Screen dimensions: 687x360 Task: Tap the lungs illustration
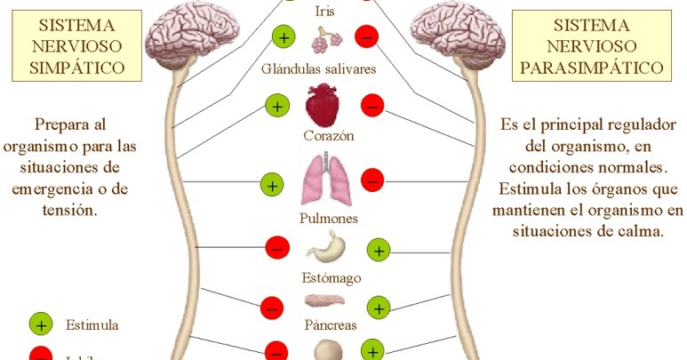point(323,180)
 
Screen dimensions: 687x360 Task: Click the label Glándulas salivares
point(319,68)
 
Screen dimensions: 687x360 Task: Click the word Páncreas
point(331,325)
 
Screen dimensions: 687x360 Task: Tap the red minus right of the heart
point(372,107)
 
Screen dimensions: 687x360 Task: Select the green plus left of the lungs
point(272,186)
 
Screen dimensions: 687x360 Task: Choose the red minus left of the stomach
point(277,247)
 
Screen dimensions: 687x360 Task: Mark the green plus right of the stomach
point(379,250)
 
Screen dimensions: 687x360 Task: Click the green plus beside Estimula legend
point(41,324)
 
